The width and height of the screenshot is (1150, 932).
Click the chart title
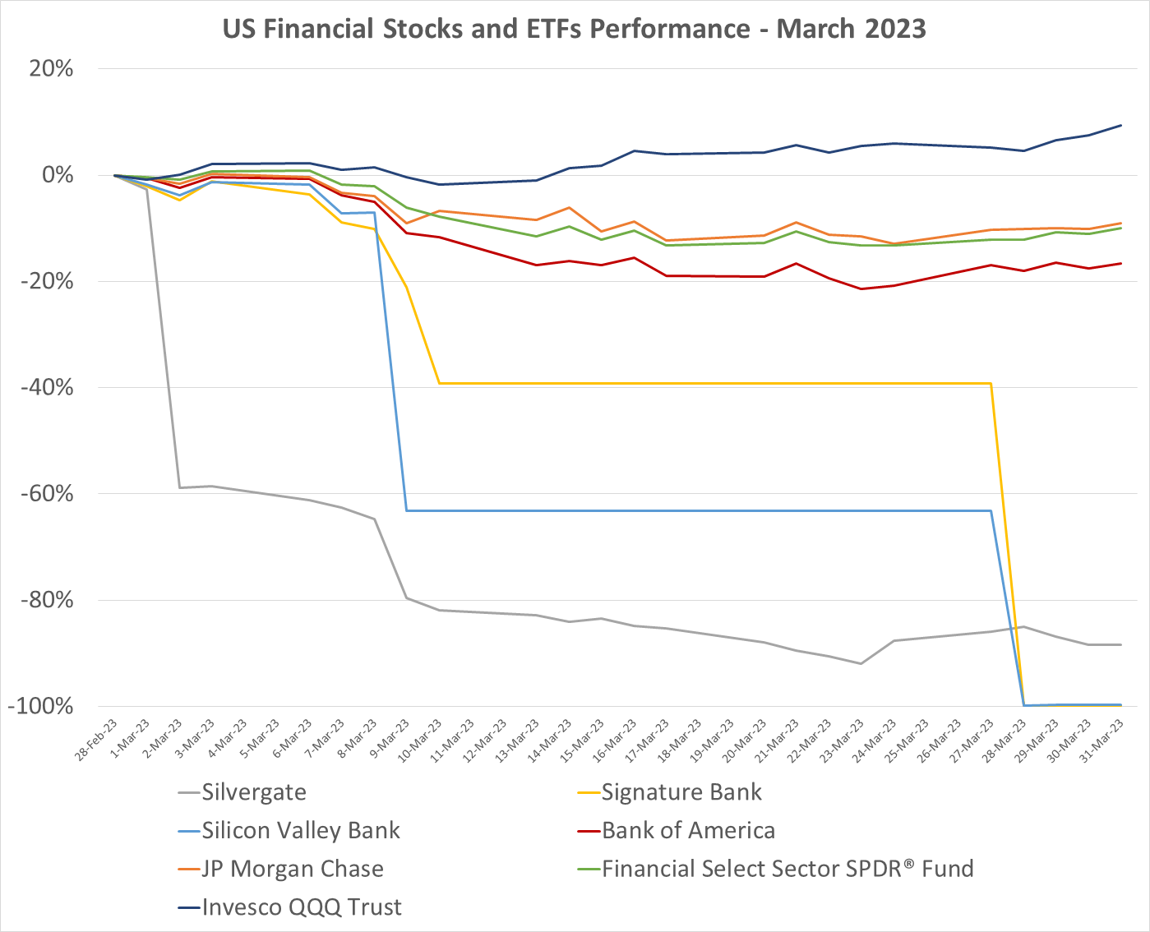[575, 30]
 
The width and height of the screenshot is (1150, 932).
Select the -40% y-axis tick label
[48, 387]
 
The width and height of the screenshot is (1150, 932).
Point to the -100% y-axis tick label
[43, 706]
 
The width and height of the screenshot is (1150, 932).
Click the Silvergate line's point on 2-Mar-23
[179, 488]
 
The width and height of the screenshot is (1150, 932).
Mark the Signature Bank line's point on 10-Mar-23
[439, 383]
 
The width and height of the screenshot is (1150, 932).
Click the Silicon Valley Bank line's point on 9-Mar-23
[406, 510]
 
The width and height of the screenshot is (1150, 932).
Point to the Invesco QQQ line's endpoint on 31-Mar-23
[1121, 126]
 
